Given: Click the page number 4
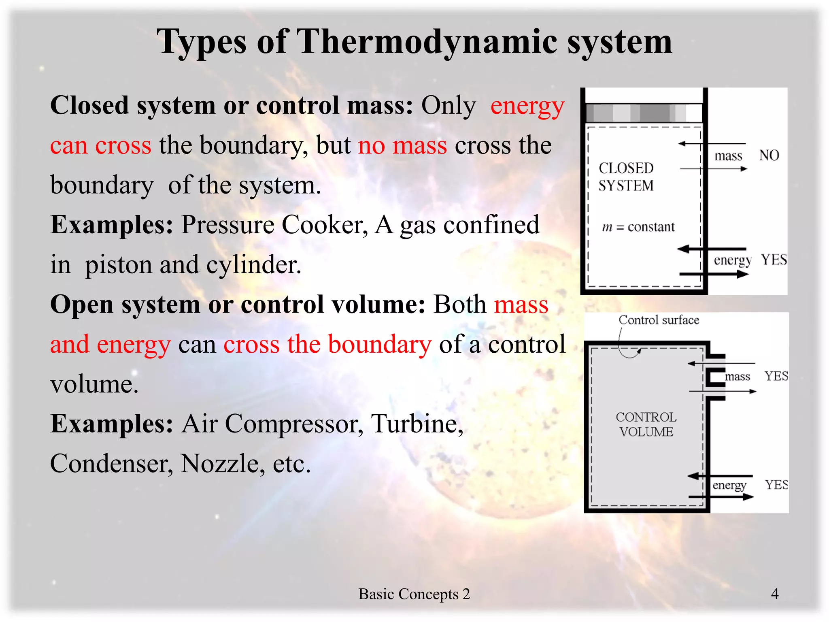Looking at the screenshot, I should click(x=774, y=594).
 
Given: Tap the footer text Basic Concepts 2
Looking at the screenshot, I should click(x=414, y=594).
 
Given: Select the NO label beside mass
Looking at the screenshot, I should click(x=769, y=155).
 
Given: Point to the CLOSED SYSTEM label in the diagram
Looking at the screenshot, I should click(x=626, y=177).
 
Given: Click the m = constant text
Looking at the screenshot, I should click(x=638, y=227).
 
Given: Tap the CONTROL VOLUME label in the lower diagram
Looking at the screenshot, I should click(x=646, y=424).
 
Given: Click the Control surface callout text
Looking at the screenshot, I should click(x=659, y=320).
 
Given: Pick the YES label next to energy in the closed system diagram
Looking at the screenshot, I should click(x=774, y=259).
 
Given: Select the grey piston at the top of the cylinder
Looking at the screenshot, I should click(x=644, y=113).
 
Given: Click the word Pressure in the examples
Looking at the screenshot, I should click(x=227, y=225).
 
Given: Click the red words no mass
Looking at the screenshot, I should click(x=402, y=145).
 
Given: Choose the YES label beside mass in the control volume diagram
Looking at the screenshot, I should click(x=776, y=376).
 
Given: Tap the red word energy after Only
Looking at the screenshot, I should click(x=527, y=106).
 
